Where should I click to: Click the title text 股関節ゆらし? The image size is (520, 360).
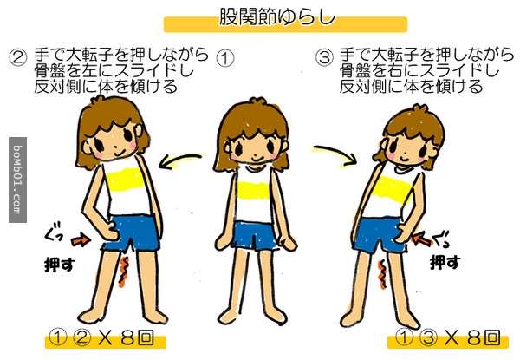coord(277,16)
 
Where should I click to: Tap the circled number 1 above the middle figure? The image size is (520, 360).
coord(225,59)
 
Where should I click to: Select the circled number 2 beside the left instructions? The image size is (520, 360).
coord(17,56)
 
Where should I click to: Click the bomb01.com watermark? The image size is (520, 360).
coord(17,180)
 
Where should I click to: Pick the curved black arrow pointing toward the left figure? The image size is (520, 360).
coord(180,160)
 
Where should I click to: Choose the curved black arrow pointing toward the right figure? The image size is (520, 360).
coord(335,153)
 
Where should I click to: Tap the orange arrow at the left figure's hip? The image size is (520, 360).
coord(81,240)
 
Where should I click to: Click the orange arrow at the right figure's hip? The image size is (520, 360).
coord(422,239)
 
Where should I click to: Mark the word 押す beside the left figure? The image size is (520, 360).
coord(60,265)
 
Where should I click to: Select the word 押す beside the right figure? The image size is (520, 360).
coord(445,262)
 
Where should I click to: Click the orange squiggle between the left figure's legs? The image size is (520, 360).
coord(124,271)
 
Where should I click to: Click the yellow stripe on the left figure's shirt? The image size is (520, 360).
coord(124,180)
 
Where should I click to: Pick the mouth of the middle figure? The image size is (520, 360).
coord(256,157)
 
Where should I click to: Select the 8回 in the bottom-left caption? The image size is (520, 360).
coord(137,337)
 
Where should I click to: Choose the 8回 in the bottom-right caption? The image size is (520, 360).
coord(483,337)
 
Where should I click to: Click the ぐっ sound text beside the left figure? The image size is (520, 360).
coord(53,233)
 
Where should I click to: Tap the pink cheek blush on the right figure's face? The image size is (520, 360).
coord(393,155)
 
